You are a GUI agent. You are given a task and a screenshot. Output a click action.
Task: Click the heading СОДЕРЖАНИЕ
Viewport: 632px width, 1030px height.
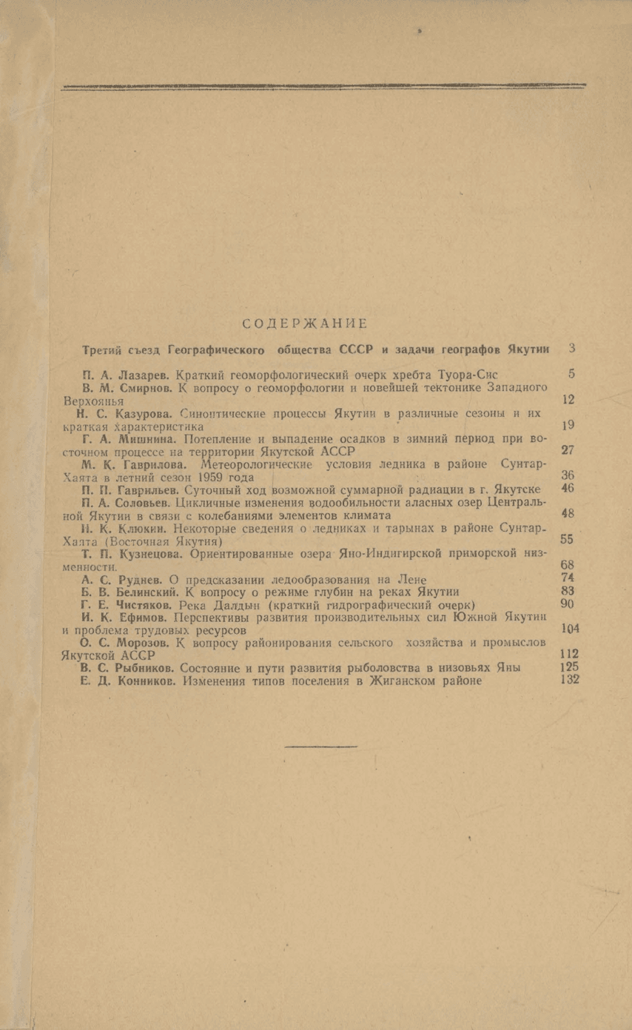pyautogui.click(x=305, y=323)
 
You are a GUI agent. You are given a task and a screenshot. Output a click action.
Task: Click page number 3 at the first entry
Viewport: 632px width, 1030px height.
pyautogui.click(x=572, y=347)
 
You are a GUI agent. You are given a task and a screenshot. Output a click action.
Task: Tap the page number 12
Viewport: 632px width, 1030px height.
pyautogui.click(x=568, y=400)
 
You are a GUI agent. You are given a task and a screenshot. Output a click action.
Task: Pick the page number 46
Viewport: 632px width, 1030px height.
pyautogui.click(x=568, y=489)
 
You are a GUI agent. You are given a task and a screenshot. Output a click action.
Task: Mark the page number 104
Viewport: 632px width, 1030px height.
pyautogui.click(x=568, y=629)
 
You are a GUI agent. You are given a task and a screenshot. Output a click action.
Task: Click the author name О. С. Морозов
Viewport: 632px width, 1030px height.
pyautogui.click(x=125, y=642)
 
